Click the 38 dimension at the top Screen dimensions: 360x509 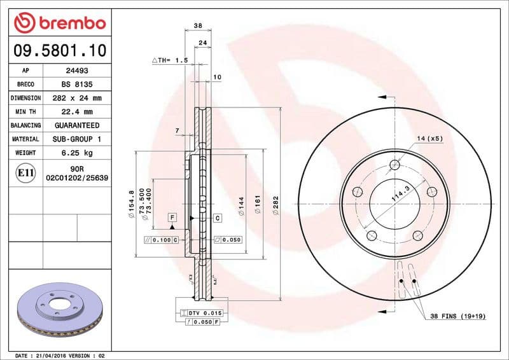click(x=197, y=26)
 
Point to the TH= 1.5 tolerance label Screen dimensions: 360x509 click(x=171, y=60)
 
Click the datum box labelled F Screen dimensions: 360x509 click(x=172, y=218)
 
